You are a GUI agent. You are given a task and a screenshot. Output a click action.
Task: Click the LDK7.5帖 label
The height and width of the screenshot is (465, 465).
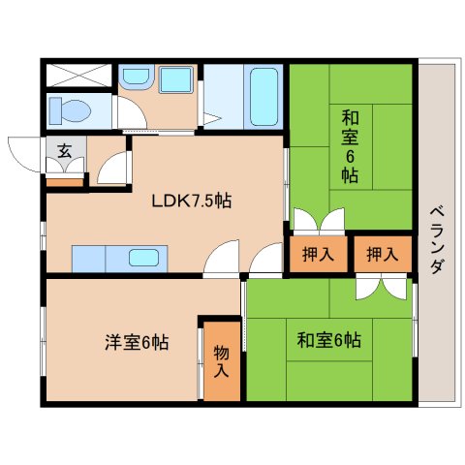pyautogui.click(x=190, y=202)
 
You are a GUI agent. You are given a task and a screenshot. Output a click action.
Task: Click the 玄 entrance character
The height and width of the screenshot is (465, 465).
pyautogui.click(x=63, y=150)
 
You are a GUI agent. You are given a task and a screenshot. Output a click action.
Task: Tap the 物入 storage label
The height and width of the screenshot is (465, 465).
pyautogui.click(x=221, y=358)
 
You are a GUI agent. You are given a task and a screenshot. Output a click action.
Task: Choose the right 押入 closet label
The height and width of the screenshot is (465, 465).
pyautogui.click(x=382, y=255)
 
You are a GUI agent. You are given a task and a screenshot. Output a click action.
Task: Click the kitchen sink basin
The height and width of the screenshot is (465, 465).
pyautogui.click(x=144, y=259)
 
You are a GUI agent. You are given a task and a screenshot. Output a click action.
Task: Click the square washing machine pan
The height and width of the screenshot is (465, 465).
pyautogui.click(x=175, y=80)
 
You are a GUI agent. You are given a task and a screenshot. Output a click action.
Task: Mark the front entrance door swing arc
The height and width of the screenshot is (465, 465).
pyautogui.click(x=23, y=150)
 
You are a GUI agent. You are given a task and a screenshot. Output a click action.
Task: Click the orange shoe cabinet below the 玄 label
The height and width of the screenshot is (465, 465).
pyautogui.click(x=64, y=178)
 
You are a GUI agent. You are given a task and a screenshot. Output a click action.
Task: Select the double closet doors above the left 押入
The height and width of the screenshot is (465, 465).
pyautogui.click(x=318, y=221)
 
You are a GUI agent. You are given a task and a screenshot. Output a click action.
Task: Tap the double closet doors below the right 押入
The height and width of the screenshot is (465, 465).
pyautogui.click(x=382, y=287)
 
